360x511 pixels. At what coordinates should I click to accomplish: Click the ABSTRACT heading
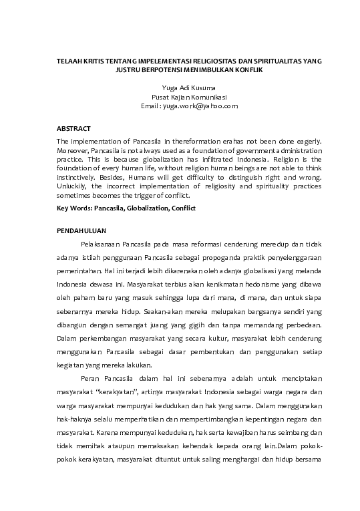click(x=73, y=127)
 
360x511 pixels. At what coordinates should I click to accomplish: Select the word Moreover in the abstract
click(x=72, y=151)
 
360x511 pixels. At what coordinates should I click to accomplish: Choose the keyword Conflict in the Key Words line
click(x=181, y=209)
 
